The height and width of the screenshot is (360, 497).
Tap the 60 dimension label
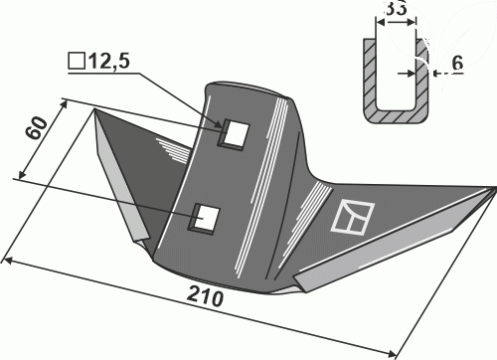click(37, 128)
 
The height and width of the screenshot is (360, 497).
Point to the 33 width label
click(397, 9)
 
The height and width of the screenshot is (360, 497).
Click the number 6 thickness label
click(457, 63)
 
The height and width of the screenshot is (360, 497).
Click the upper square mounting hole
click(234, 133)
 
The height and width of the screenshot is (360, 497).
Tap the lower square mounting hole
click(205, 218)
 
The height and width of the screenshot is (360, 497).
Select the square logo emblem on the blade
click(353, 218)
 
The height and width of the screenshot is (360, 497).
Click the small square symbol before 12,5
click(77, 61)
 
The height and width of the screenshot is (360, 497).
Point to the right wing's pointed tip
click(495, 188)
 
